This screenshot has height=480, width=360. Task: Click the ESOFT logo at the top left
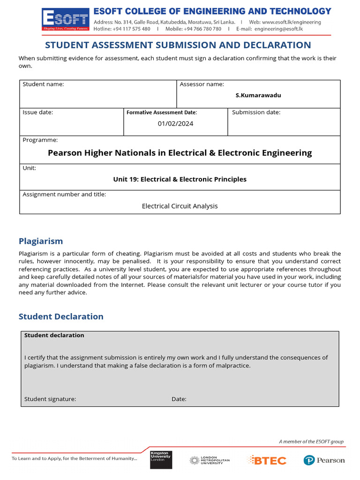[x=64, y=21]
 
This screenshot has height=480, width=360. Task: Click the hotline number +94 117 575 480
[x=132, y=29]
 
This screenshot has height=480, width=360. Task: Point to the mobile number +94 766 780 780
[x=203, y=29]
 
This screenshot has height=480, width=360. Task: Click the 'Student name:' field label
[x=43, y=84]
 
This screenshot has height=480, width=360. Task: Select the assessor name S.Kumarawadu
[x=258, y=95]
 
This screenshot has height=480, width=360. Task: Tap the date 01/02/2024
[x=175, y=124]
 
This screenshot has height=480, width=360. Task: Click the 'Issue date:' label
[x=38, y=112]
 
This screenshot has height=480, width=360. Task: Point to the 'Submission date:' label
[x=256, y=112]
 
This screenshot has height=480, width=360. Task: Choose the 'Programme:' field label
[x=40, y=140]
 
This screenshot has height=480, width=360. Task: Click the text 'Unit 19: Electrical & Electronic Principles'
[x=180, y=179]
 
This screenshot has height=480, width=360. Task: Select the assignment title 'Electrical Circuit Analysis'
[x=180, y=206]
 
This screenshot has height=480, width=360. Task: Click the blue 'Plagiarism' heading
[x=41, y=241]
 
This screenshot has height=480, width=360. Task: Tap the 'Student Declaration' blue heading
[x=61, y=316]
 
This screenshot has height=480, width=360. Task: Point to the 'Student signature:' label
[x=50, y=399]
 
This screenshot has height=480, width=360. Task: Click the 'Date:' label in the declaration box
[x=179, y=399]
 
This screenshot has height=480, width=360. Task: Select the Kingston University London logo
[x=161, y=459]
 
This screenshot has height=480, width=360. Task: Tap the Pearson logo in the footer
[x=324, y=460]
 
